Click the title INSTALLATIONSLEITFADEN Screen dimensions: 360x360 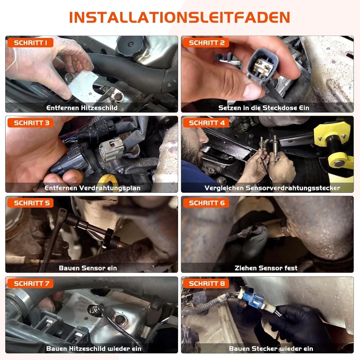pos(180,18)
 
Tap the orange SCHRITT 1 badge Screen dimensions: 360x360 pos(30,42)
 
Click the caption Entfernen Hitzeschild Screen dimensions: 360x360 pos(82,108)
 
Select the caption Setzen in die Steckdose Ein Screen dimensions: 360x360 pos(264,108)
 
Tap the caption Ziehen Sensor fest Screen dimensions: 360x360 pos(266,268)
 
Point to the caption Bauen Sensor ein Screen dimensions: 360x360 pos(88,268)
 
